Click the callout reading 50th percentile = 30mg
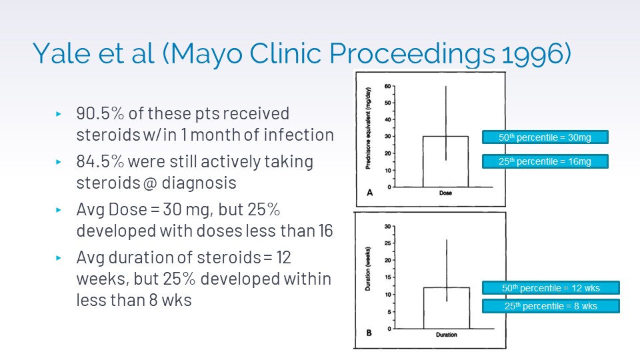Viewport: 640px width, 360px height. tap(545, 138)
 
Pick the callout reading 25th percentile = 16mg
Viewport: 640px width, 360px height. tap(545, 161)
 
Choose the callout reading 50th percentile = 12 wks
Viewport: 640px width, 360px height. tap(550, 288)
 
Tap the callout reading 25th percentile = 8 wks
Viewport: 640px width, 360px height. tap(550, 306)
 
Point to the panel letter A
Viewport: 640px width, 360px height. tap(369, 192)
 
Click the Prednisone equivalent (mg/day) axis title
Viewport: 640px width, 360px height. tap(369, 131)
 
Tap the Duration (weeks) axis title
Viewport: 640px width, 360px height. tap(369, 273)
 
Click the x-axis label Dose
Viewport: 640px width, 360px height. tap(445, 194)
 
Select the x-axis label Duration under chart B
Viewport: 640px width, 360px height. tap(446, 335)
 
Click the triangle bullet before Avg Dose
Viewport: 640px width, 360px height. tap(59, 210)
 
